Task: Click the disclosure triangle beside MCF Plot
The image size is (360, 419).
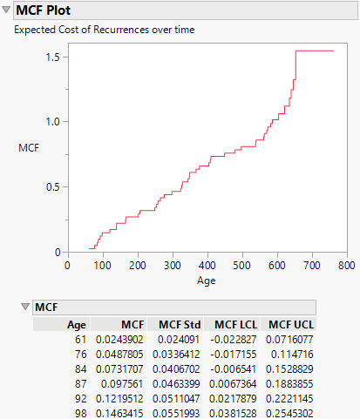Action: [x=7, y=11]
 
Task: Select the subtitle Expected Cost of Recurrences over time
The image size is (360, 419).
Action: [x=103, y=30]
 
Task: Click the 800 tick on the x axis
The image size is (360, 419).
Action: [x=346, y=265]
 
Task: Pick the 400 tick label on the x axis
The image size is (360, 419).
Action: [x=207, y=265]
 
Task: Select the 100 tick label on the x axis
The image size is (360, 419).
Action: [x=103, y=265]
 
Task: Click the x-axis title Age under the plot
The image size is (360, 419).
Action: [x=207, y=281]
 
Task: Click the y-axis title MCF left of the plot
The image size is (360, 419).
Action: [x=28, y=148]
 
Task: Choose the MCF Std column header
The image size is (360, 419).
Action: [x=180, y=324]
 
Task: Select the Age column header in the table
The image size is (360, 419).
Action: [x=77, y=324]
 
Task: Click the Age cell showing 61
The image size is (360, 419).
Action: [x=80, y=338]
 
